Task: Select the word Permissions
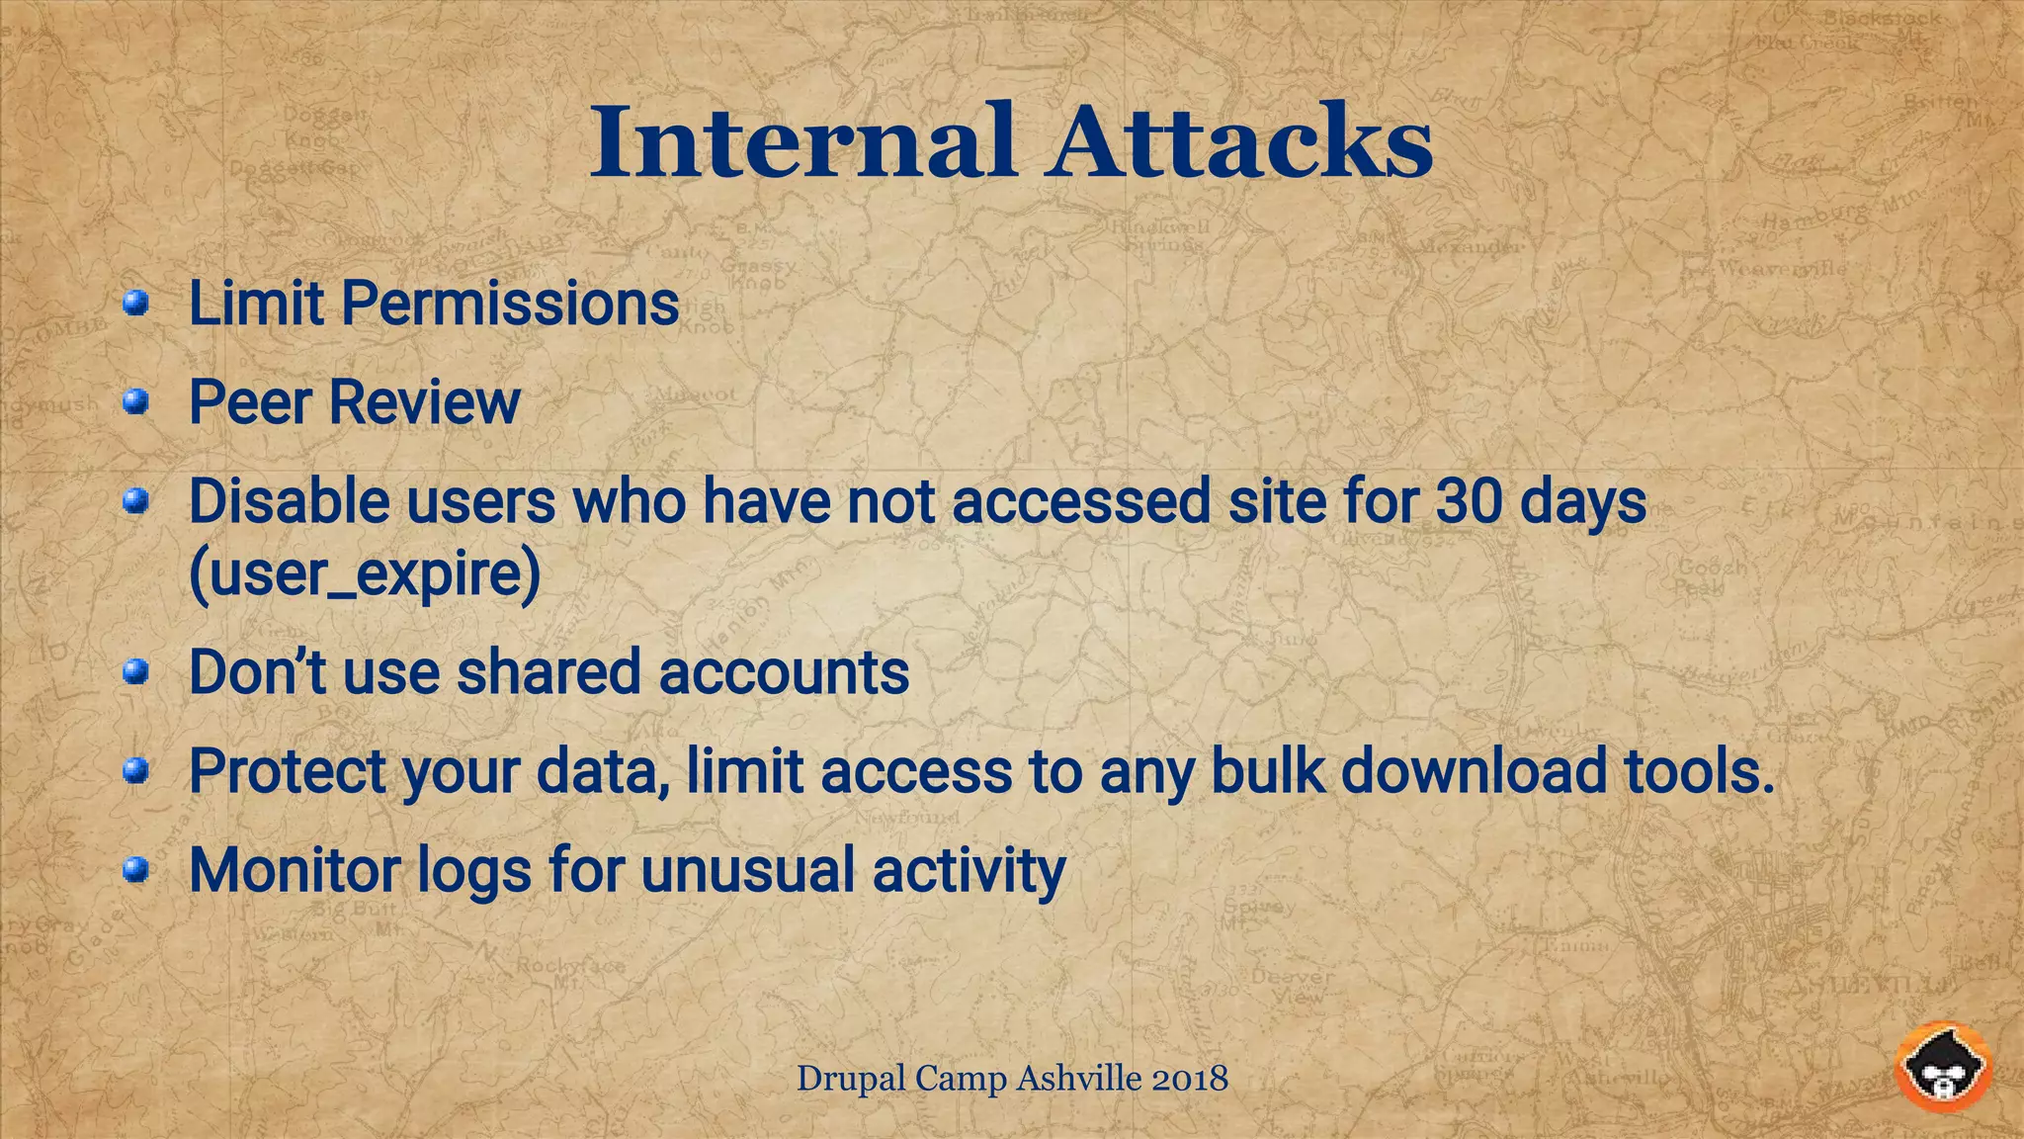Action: coord(510,303)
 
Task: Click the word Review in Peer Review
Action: coord(424,402)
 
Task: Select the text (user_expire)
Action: coord(364,573)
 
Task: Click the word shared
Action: coord(548,672)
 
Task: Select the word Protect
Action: coord(288,771)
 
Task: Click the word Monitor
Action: coord(294,871)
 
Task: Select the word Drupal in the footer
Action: coord(851,1078)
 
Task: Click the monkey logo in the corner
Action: coord(1942,1068)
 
